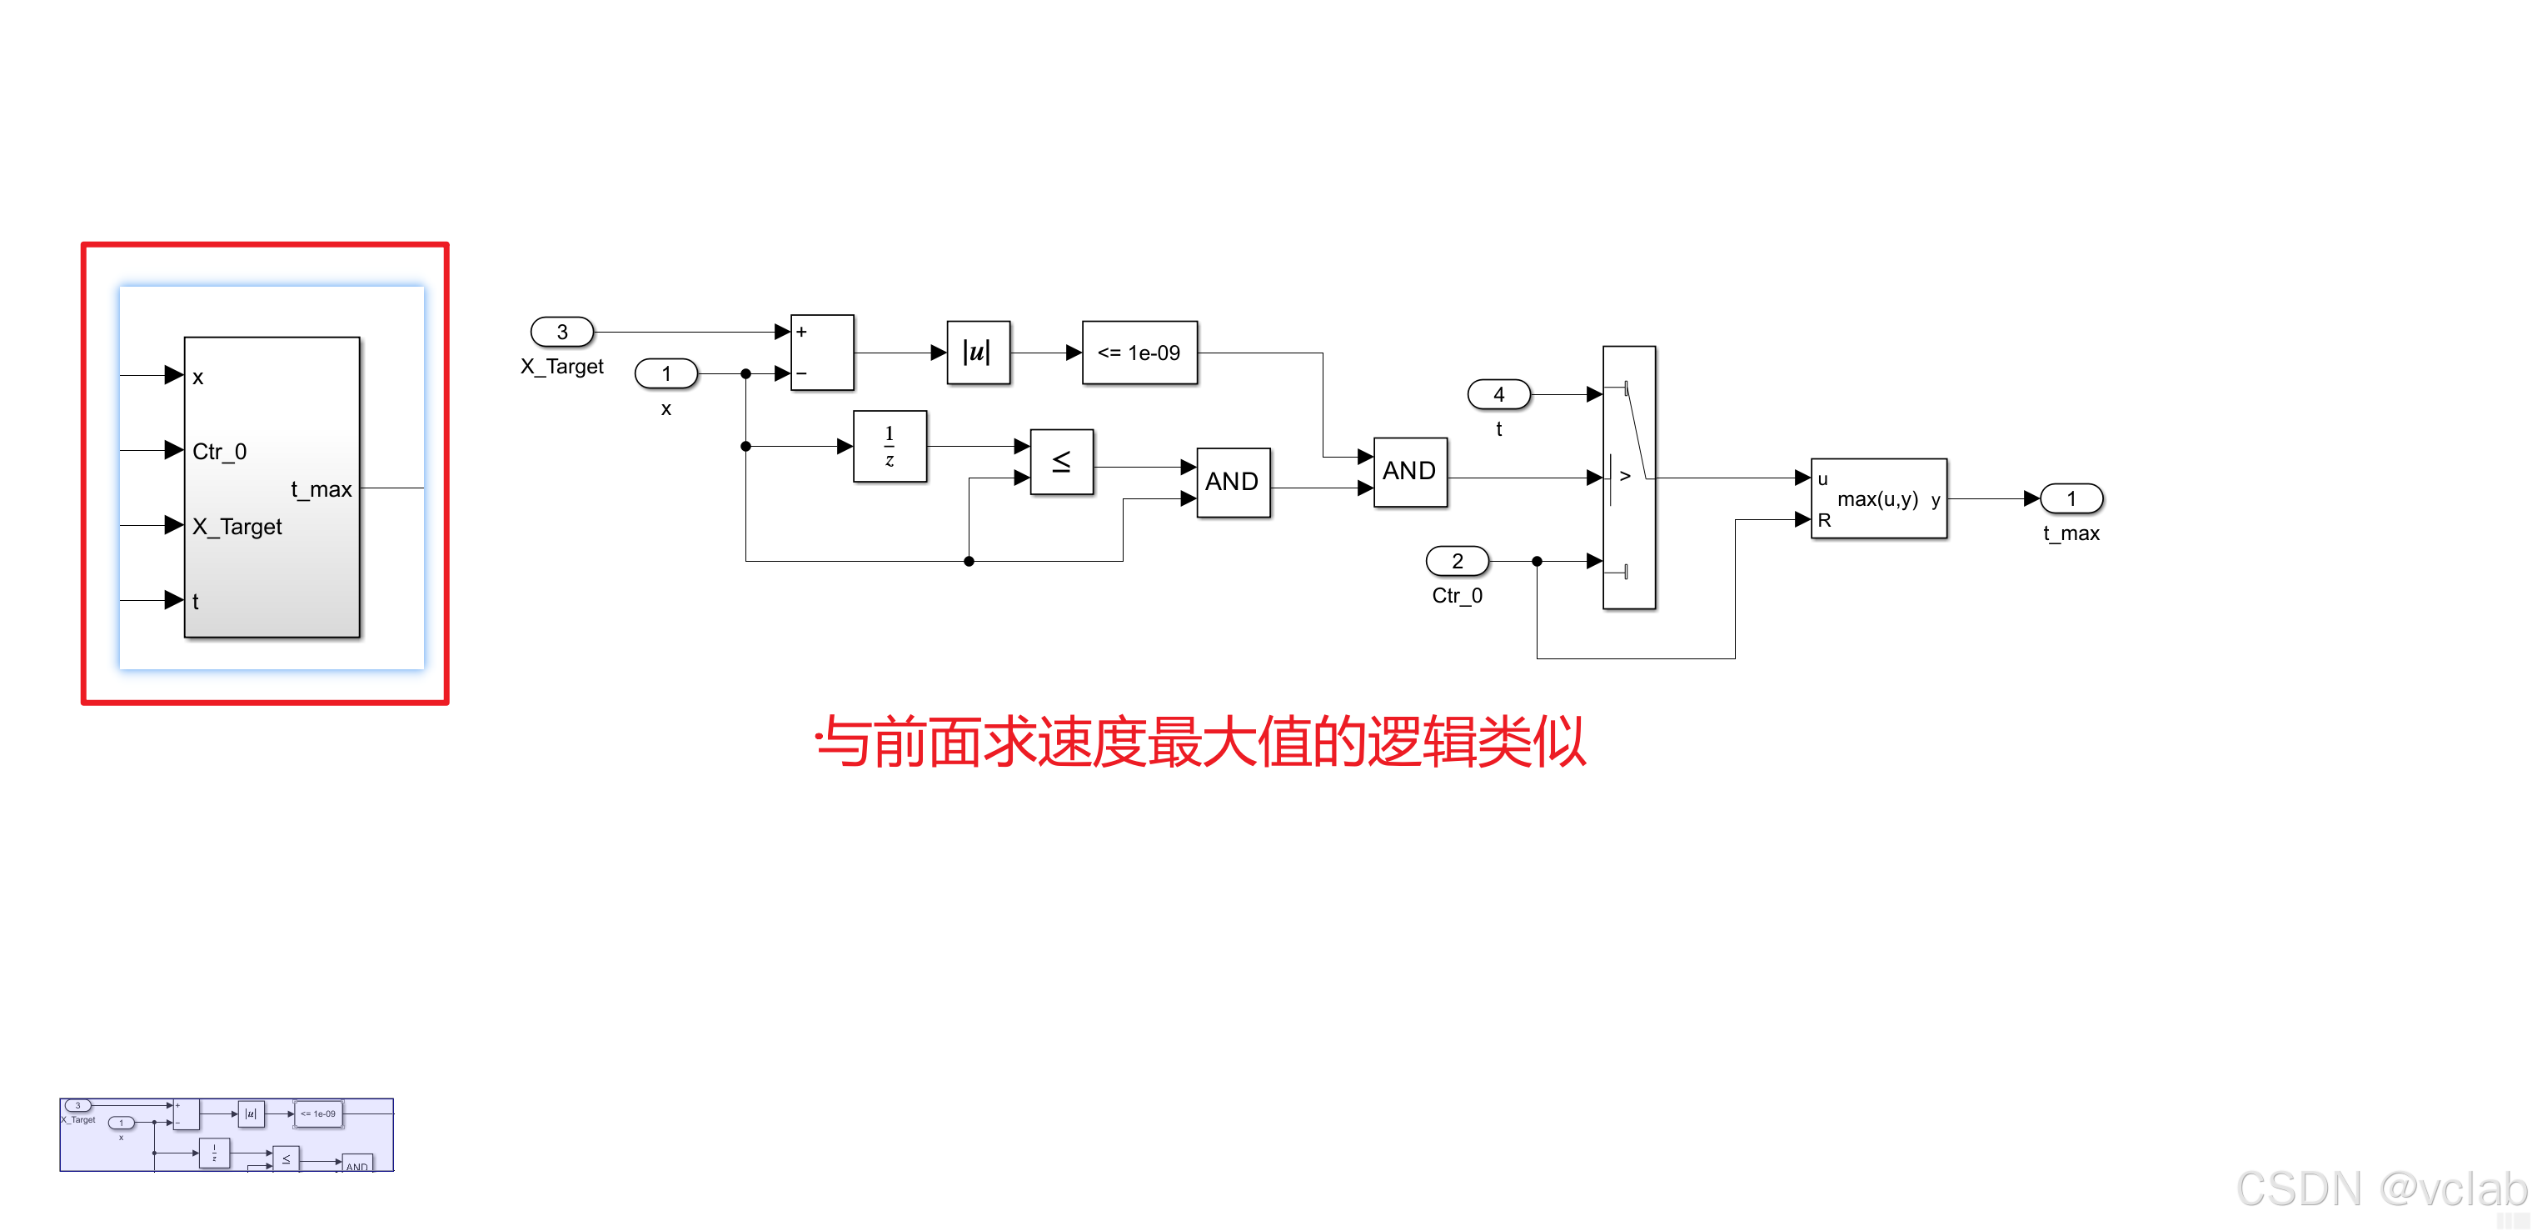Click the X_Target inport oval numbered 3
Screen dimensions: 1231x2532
pos(562,333)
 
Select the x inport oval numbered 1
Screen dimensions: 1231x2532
pos(666,373)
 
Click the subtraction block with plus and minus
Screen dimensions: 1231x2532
pos(822,352)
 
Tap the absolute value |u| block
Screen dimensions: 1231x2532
pos(978,352)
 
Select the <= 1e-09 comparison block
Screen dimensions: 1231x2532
pos(1139,352)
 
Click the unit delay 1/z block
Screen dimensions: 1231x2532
pos(890,447)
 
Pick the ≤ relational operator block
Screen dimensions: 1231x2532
pos(1062,461)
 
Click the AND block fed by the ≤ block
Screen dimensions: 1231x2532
pos(1233,482)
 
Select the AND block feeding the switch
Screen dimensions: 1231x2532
pos(1409,472)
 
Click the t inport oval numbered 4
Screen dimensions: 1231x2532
pos(1499,394)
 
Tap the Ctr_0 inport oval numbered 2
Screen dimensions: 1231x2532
pos(1458,562)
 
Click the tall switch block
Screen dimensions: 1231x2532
pos(1628,478)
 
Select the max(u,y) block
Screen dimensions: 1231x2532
pos(1878,498)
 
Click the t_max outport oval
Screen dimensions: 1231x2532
pos(2071,498)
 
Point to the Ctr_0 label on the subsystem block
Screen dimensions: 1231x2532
pos(219,451)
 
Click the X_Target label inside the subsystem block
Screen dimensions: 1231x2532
pos(237,527)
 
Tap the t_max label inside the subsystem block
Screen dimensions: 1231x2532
pos(321,488)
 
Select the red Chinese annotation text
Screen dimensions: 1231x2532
pos(1201,742)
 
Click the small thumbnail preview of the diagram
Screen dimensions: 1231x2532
pos(226,1134)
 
